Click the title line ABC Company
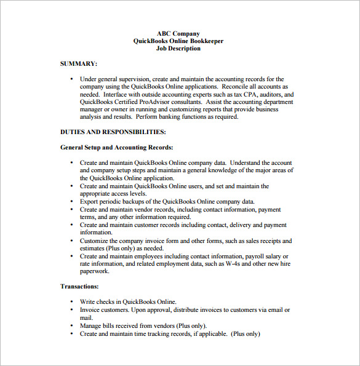pos(178,34)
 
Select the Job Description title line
pos(178,49)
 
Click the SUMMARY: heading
pos(78,63)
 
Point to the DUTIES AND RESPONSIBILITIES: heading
pos(113,132)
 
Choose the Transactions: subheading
pos(79,286)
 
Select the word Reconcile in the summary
pos(234,87)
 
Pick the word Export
pos(89,201)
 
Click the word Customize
pos(95,241)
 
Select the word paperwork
pos(95,271)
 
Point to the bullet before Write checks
pos(71,302)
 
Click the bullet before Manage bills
pos(71,325)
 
